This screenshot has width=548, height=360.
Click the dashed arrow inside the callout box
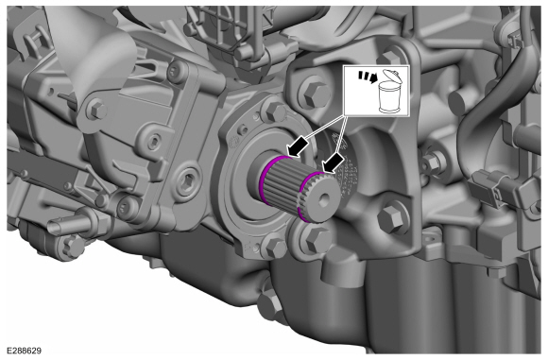(368, 77)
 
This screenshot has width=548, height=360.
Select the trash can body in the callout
(389, 97)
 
